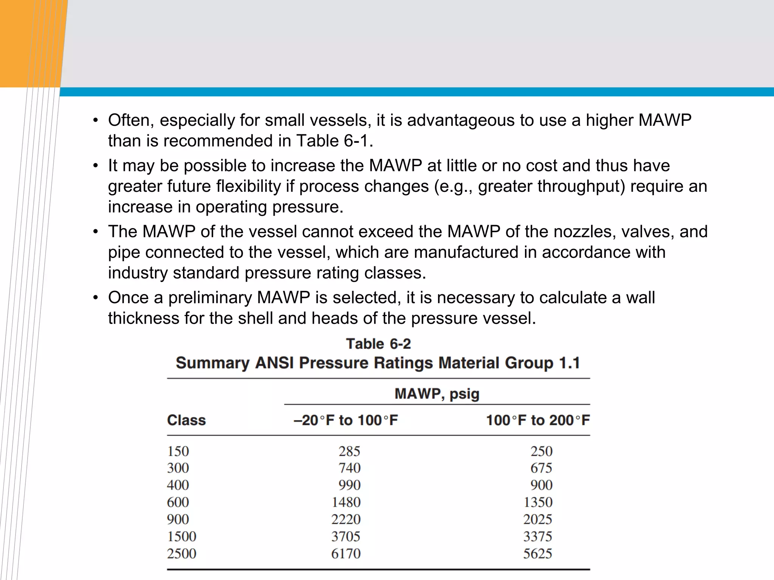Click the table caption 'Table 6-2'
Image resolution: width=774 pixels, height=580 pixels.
(378, 344)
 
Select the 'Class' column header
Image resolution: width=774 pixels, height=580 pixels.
(186, 420)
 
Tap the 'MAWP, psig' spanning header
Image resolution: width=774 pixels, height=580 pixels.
(437, 394)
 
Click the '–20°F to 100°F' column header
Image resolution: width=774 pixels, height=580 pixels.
(346, 420)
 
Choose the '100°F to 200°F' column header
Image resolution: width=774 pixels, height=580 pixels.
(538, 420)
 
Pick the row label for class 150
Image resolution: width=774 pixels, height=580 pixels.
(178, 451)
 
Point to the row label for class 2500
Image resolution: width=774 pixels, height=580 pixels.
(182, 554)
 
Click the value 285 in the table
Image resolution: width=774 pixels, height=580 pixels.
(349, 451)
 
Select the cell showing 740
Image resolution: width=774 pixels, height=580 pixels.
(349, 468)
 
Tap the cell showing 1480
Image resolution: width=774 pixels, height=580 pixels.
(346, 502)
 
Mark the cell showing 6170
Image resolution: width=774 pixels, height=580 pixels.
(346, 554)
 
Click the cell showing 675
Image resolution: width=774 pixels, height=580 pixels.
(541, 468)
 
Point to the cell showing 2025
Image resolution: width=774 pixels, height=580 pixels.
(537, 520)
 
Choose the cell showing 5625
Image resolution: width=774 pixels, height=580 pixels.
(537, 554)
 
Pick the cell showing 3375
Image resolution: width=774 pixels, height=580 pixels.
(537, 537)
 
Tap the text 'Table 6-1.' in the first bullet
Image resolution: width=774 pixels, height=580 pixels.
(335, 141)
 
